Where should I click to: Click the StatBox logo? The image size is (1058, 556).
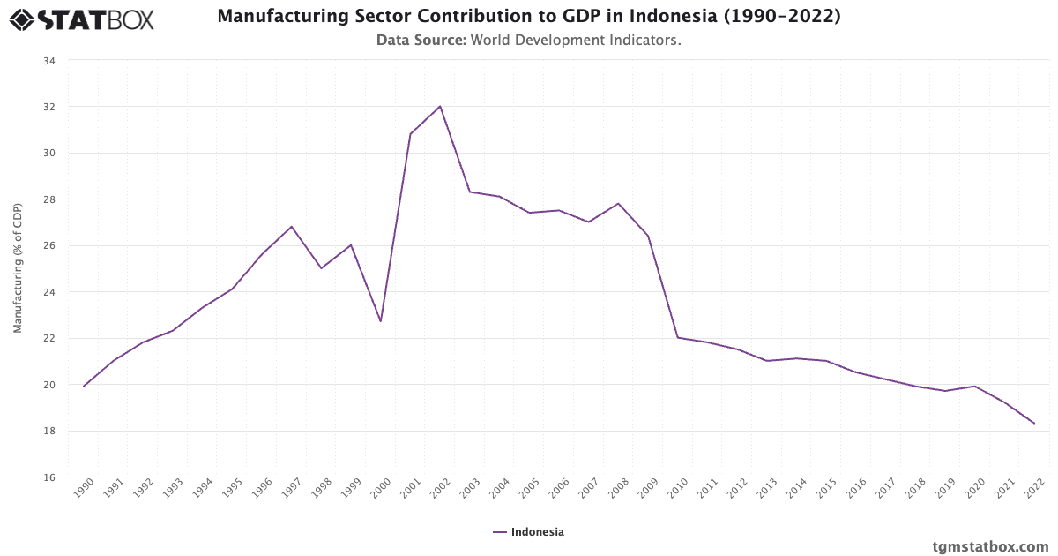coord(82,19)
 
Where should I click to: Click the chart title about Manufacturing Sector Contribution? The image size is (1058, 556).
coord(528,17)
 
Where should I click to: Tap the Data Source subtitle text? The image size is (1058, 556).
coord(528,40)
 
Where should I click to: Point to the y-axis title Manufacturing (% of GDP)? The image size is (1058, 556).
coord(18,268)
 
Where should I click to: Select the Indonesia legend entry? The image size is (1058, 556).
coord(528,532)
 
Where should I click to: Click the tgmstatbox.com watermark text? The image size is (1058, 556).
coord(990,546)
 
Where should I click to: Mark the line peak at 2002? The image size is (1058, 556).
coord(440,106)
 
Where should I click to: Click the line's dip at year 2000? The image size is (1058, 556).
coord(381,321)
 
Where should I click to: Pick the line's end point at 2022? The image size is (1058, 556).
coord(1034,424)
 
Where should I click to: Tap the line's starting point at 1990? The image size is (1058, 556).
coord(84,386)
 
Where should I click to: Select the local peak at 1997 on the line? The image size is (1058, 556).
coord(292,226)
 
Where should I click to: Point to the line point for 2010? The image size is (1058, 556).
coord(678,337)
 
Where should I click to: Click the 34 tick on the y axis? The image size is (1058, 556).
coord(48,61)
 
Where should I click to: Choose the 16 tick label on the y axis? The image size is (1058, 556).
coord(48,477)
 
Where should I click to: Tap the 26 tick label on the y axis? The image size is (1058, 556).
coord(48,246)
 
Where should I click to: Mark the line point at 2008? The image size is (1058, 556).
coord(618,203)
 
